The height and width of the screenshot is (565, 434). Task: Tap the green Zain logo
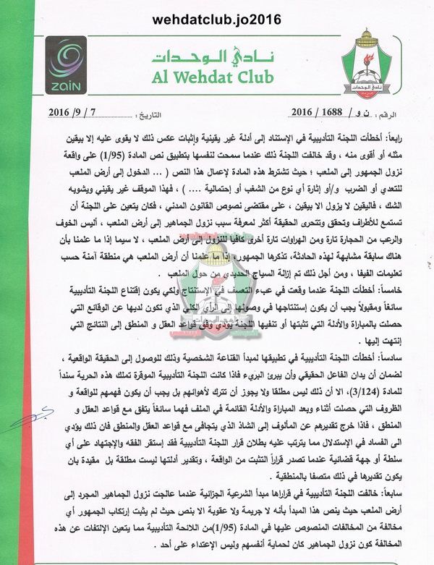point(66,64)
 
